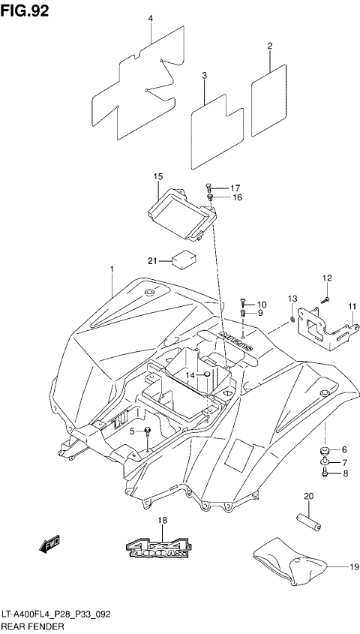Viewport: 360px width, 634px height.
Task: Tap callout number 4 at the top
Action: (x=150, y=18)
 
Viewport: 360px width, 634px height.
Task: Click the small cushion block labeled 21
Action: (x=183, y=260)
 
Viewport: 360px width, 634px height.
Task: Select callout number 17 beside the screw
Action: (x=235, y=188)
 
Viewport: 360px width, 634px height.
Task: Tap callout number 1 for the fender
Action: (x=111, y=269)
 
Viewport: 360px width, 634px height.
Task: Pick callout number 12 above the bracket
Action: (x=327, y=278)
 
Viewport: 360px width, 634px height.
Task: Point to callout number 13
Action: (x=292, y=300)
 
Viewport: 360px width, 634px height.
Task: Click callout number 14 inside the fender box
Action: (x=191, y=374)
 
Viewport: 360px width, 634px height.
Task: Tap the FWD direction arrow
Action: (x=51, y=542)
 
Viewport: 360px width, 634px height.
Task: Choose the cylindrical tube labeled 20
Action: (x=307, y=518)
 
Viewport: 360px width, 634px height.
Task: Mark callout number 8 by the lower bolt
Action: (x=345, y=473)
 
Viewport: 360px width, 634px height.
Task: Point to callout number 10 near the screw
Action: (x=261, y=304)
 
